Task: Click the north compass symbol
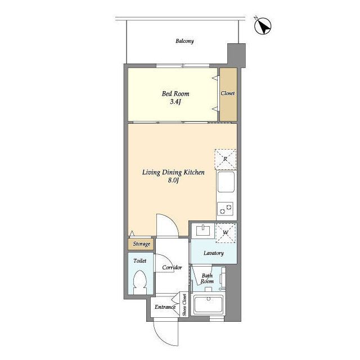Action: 263,26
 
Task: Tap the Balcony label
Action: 184,41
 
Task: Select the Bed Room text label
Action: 175,94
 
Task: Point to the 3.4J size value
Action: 175,102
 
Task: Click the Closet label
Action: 228,93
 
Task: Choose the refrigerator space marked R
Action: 226,159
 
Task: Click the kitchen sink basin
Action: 226,182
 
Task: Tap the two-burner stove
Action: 225,209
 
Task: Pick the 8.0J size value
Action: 173,181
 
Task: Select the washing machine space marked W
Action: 226,233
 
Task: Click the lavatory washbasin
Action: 203,231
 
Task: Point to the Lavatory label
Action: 214,253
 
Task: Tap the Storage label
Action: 142,244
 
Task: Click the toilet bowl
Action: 140,282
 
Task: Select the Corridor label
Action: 172,268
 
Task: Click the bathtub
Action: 208,304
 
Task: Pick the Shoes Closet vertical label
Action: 184,305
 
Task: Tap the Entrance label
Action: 165,307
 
